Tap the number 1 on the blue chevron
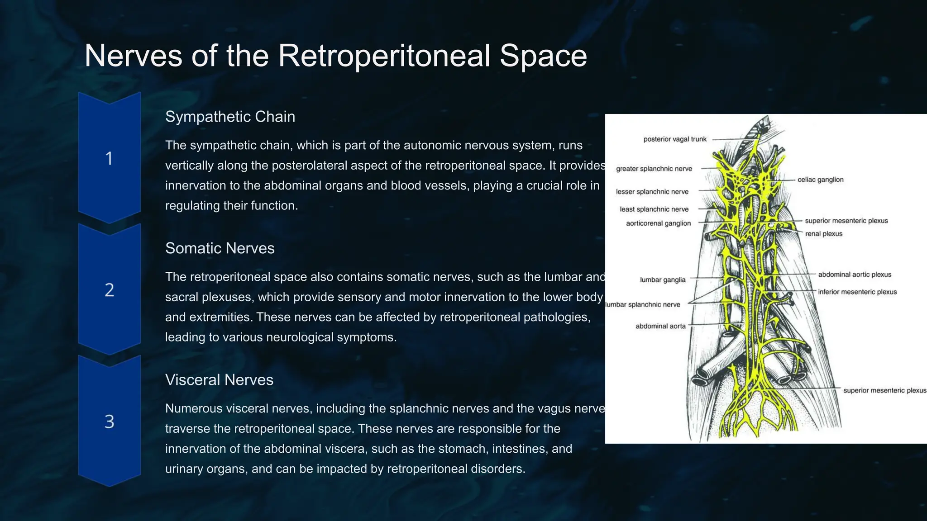[109, 159]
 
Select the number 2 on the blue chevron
[109, 290]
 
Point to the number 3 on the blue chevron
[109, 422]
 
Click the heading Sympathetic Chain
[230, 117]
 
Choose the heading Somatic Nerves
[220, 248]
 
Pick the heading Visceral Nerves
[219, 380]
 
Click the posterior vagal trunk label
[674, 139]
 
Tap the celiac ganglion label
[820, 180]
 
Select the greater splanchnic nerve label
[654, 169]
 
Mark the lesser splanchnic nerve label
[652, 192]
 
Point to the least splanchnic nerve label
[654, 209]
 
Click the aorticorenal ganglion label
[658, 223]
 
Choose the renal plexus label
[823, 234]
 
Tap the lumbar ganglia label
[662, 280]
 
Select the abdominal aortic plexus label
[854, 275]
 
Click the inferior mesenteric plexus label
[857, 292]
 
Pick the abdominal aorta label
[660, 326]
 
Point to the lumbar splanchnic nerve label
[643, 305]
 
